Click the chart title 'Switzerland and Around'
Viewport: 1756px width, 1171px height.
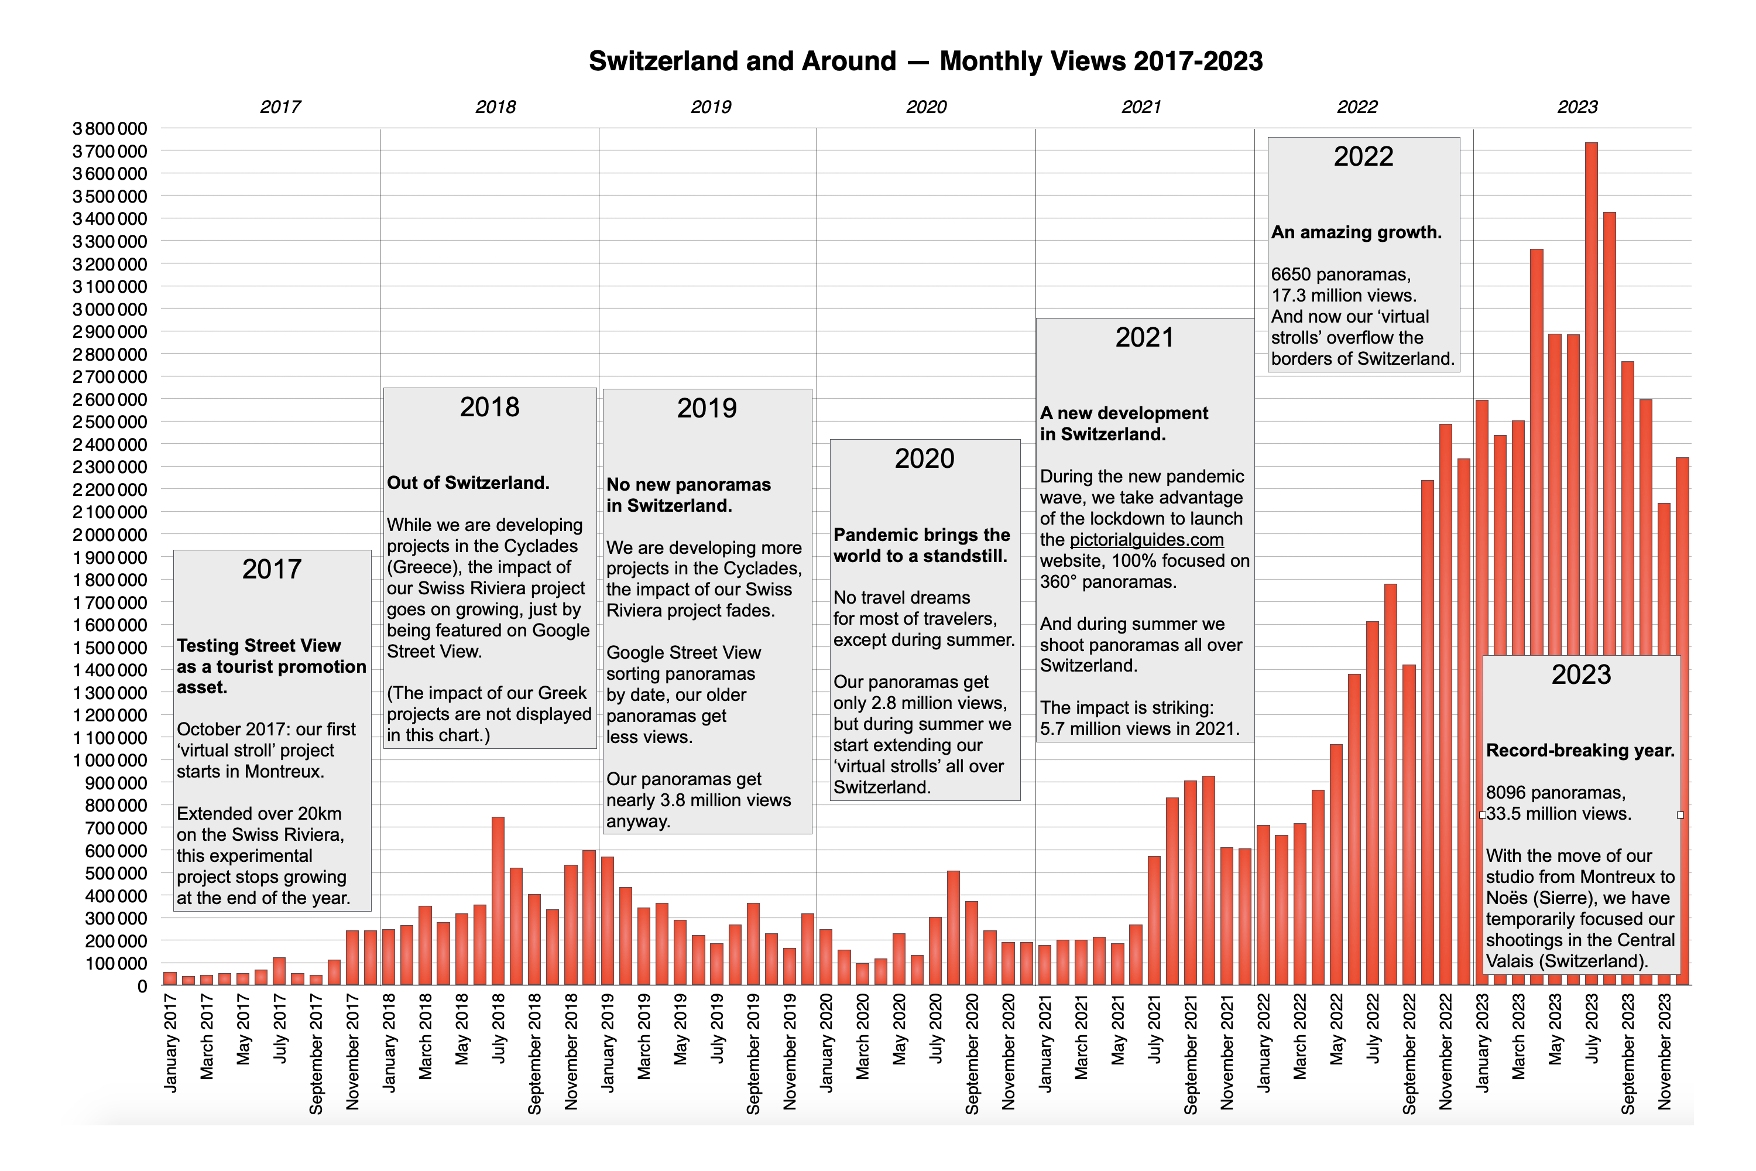click(x=742, y=61)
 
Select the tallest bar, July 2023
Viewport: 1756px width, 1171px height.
click(x=1591, y=374)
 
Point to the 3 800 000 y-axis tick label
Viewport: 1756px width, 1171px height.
click(x=110, y=128)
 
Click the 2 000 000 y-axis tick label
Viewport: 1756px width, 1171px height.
click(x=110, y=535)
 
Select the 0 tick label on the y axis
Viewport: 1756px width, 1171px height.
click(x=142, y=986)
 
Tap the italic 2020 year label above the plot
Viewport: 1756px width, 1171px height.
click(x=926, y=107)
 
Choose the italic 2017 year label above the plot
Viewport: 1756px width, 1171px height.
click(x=280, y=107)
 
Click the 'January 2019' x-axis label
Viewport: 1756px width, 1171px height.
click(x=608, y=1043)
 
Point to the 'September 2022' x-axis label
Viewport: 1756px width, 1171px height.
click(x=1409, y=1053)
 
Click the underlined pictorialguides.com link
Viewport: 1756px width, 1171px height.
click(x=1147, y=540)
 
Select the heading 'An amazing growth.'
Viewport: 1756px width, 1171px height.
click(x=1356, y=232)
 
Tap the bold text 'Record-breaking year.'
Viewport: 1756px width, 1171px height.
click(x=1580, y=751)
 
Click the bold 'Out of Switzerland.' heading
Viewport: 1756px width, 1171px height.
click(x=468, y=483)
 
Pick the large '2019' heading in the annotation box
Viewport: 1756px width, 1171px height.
click(x=706, y=409)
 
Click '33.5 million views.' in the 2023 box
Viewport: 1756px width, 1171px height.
click(x=1558, y=814)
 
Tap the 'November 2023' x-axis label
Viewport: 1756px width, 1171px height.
click(x=1664, y=1051)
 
